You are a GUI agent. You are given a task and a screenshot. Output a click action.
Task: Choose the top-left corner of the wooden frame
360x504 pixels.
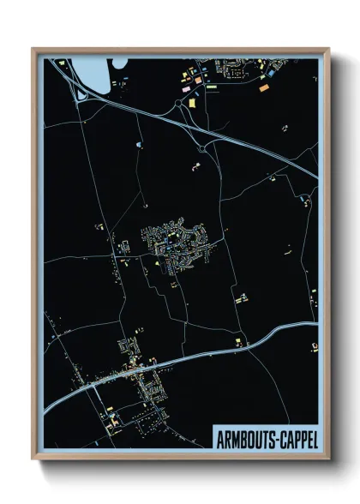(x=33, y=49)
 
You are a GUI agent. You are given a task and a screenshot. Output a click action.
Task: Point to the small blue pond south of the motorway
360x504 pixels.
(x=139, y=146)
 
